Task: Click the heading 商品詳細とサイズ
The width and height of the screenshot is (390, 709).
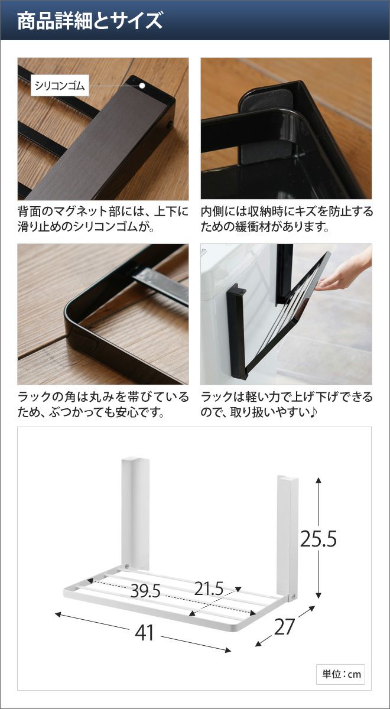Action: click(90, 21)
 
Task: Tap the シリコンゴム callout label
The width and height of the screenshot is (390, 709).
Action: click(60, 86)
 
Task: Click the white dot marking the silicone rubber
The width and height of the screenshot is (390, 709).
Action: click(142, 86)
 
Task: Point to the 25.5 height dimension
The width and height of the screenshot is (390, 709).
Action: click(318, 538)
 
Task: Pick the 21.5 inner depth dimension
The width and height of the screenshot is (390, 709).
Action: click(209, 588)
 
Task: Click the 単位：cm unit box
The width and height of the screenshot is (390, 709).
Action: click(340, 674)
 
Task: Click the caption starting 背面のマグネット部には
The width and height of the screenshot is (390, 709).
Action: click(103, 219)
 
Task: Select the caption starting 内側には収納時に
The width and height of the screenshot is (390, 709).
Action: click(287, 219)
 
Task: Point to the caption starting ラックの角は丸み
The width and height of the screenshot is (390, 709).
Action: click(103, 405)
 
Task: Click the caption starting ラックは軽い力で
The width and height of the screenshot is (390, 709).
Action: click(287, 405)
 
